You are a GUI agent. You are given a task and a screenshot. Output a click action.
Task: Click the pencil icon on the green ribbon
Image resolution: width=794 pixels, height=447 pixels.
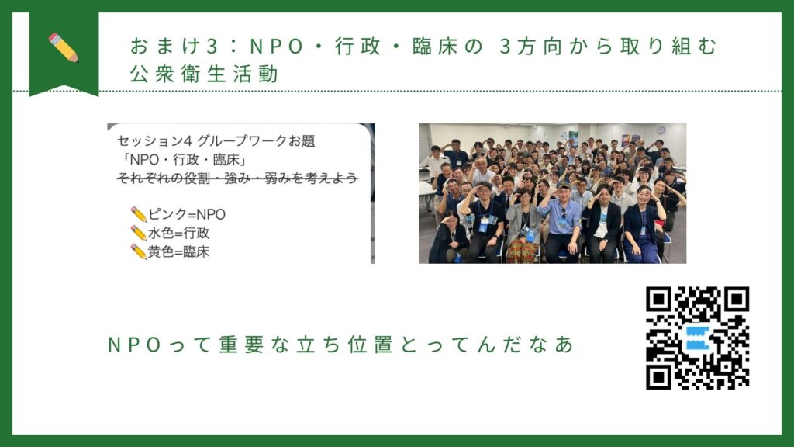pos(64,47)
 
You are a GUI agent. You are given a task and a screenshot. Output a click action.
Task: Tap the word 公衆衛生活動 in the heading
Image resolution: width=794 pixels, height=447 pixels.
pos(204,74)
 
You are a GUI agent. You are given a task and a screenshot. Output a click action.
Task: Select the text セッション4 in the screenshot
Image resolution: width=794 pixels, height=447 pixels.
pos(154,141)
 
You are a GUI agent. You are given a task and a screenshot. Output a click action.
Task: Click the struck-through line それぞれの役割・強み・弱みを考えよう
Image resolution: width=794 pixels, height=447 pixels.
pos(237,178)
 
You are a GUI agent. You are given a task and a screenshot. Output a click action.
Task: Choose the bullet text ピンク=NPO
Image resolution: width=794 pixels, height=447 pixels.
pos(186,214)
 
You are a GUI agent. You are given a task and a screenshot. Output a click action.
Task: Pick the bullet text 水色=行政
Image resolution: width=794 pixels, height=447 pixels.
pos(178,233)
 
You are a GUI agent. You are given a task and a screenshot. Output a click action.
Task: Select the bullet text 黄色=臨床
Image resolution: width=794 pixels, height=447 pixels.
pos(178,252)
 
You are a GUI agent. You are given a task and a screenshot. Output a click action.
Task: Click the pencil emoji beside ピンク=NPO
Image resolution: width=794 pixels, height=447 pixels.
pos(138,214)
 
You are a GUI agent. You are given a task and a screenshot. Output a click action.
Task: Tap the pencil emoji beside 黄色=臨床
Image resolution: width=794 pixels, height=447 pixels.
pos(138,252)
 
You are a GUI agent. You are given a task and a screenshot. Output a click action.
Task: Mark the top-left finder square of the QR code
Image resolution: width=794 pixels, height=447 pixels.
pos(659,300)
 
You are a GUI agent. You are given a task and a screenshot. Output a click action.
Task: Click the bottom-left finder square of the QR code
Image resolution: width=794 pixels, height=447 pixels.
pos(659,377)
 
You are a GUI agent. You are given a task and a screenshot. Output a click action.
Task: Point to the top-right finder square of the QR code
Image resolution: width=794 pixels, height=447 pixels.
pos(737,300)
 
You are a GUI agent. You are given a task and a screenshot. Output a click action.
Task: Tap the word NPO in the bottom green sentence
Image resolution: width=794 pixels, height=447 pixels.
pos(135,345)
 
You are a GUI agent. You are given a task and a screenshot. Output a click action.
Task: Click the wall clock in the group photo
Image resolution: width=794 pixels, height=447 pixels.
pos(661,130)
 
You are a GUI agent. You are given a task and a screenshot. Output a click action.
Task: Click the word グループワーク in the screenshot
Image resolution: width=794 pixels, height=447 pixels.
pos(242,141)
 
